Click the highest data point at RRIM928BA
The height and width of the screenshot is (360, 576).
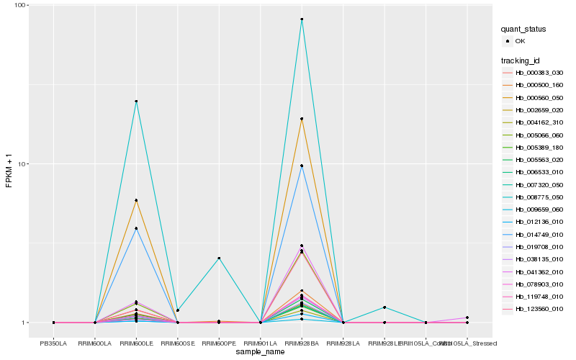coord(302,19)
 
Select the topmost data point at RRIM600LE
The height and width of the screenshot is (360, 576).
coord(136,102)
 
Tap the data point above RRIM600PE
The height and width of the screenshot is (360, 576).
coord(219,258)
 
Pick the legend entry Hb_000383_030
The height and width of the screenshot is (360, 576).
coord(539,73)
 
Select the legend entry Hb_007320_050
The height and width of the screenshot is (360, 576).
coord(539,186)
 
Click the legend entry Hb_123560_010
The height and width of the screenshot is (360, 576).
coord(539,309)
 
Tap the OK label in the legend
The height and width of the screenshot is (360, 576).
coord(521,41)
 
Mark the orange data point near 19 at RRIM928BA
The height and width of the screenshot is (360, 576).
coord(302,119)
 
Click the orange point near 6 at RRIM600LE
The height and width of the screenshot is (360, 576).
coord(136,200)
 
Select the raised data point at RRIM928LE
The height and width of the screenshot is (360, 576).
coord(384,307)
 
